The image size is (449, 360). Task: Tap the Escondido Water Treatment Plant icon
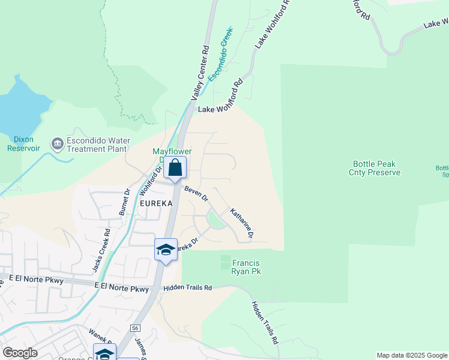coord(57,143)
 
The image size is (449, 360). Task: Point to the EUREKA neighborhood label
coord(156,203)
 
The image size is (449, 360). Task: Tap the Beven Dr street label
coord(196,193)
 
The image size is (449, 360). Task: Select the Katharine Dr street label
coord(241,223)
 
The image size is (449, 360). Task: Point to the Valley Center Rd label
coord(199,72)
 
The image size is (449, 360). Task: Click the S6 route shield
coord(136,328)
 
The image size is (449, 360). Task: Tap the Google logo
coord(20,353)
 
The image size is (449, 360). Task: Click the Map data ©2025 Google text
coord(412,355)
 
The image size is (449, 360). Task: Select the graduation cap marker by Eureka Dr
coord(165,250)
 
